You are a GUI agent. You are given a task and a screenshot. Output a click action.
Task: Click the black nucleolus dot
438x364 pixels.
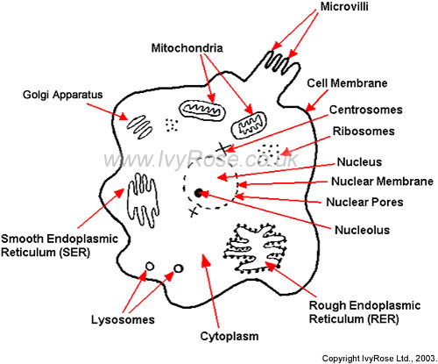click(199, 193)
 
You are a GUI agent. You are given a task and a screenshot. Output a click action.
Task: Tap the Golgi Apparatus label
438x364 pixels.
click(63, 95)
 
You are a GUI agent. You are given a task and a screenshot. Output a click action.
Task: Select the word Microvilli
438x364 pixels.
click(344, 6)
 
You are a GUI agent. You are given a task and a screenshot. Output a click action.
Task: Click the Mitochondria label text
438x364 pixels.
click(187, 48)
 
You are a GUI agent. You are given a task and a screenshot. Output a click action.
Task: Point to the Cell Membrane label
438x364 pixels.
click(347, 83)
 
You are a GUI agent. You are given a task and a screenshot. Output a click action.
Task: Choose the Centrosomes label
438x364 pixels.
click(366, 110)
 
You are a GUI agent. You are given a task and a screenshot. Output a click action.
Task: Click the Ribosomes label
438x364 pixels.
click(364, 132)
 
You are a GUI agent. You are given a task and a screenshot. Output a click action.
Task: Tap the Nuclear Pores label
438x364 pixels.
click(364, 202)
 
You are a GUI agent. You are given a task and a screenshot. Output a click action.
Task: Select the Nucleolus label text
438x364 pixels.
click(362, 230)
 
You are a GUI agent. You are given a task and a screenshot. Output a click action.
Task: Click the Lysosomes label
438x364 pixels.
click(123, 320)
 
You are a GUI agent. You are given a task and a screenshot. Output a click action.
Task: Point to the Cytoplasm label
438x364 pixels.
click(230, 337)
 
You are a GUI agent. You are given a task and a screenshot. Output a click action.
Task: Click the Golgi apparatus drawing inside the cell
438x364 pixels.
click(139, 127)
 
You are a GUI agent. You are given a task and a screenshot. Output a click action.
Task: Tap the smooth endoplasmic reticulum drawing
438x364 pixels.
click(143, 200)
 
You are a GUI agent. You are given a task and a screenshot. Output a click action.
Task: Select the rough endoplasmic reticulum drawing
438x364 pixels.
click(255, 248)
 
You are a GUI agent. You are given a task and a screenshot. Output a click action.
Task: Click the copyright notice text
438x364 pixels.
click(379, 359)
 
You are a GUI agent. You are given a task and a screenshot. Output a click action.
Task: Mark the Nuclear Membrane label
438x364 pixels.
click(382, 182)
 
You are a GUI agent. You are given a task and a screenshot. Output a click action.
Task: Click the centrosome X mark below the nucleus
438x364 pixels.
click(193, 211)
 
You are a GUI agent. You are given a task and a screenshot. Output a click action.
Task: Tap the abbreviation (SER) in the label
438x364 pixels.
click(74, 252)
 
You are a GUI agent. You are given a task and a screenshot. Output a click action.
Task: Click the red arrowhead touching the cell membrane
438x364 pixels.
click(311, 107)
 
